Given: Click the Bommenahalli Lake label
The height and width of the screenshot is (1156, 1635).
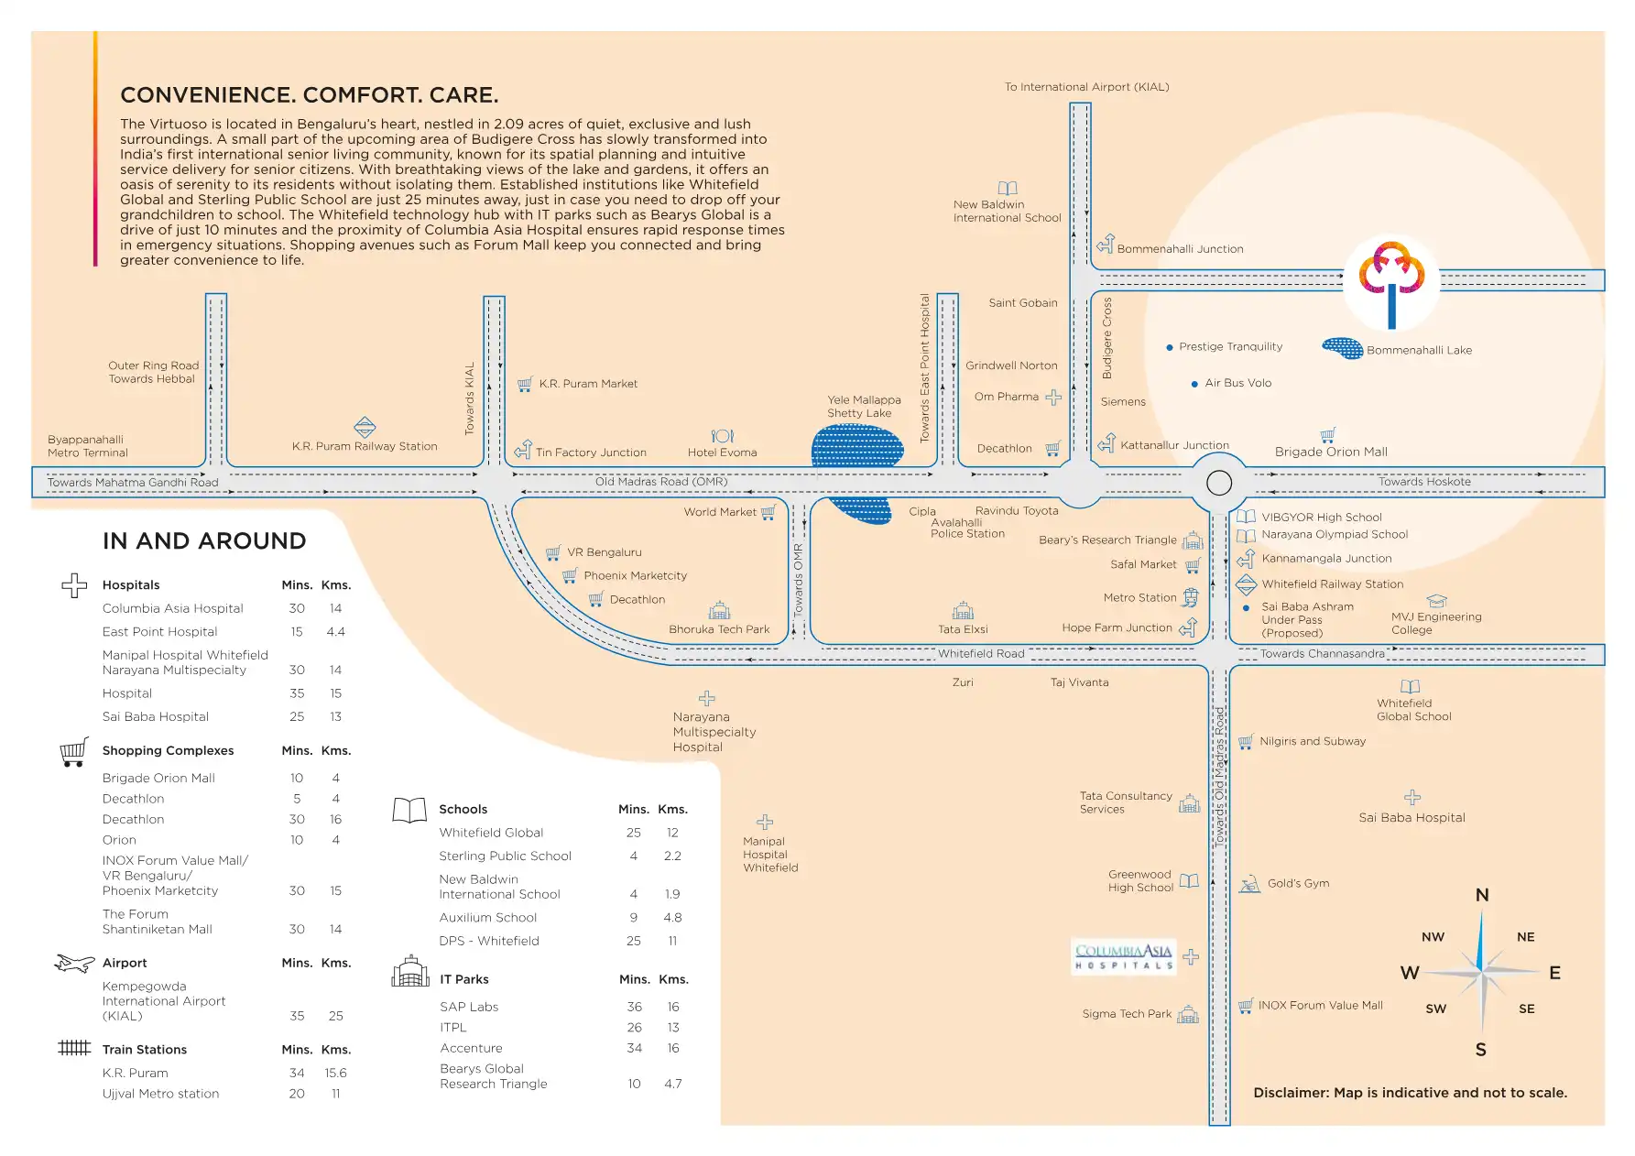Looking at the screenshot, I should pos(1419,350).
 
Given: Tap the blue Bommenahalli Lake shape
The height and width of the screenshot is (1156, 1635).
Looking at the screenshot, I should pos(1343,348).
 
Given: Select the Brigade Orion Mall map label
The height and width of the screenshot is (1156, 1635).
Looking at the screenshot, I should pos(1331,452).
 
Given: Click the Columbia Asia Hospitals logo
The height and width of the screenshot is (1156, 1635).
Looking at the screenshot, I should pos(1124,957).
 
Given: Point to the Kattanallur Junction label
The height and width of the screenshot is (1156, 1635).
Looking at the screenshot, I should pos(1174,445).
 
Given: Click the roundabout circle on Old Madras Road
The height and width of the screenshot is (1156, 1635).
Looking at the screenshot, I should pos(1219,483).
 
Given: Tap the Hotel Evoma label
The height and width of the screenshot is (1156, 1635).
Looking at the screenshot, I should pos(722,453).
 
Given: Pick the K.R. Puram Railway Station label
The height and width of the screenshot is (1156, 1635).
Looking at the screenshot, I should pos(365,446).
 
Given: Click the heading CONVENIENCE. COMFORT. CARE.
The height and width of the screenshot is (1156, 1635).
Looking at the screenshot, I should pos(310,95).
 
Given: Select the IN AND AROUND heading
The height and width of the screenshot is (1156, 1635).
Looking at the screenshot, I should pos(204,541).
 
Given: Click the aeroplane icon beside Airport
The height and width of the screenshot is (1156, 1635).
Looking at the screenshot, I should pos(75,963).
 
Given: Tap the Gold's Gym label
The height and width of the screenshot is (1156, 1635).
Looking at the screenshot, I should pos(1298,883).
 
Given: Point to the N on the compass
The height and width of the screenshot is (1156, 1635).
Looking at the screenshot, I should pos(1482,895).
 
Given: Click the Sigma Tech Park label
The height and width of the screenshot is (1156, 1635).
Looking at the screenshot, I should pos(1127,1014).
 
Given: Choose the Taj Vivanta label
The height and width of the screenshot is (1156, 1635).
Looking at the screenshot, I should pos(1079,682).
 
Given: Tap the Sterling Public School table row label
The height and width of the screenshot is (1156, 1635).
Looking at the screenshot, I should pos(505,856).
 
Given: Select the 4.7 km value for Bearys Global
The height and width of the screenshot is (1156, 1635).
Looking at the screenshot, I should pos(673,1084).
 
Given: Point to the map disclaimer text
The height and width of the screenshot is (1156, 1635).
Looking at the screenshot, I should pos(1410,1093).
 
